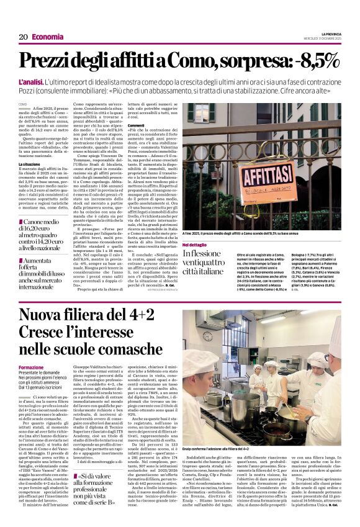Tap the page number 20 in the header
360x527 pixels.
pyautogui.click(x=24, y=37)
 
